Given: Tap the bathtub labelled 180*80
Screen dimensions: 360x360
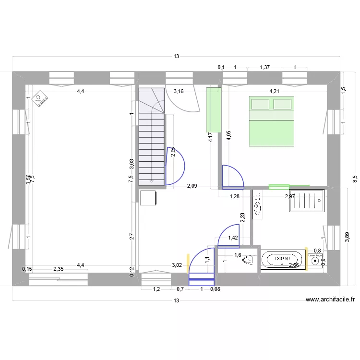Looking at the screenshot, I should point(283,259).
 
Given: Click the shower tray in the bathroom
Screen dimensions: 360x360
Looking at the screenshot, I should point(307,201).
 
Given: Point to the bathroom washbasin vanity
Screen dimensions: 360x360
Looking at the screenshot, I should point(258,204).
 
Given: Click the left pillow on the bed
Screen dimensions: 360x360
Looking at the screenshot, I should point(260,104).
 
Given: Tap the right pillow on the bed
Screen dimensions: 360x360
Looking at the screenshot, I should point(282,104).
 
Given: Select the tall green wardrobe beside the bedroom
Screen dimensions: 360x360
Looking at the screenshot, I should point(214,109).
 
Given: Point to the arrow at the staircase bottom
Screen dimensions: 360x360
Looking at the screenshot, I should point(151,181).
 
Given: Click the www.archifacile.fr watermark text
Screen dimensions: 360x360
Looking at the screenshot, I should point(330,300).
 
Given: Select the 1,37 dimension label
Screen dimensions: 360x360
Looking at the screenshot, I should point(264,68).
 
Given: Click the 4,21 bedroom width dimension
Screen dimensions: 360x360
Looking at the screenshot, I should point(274,91).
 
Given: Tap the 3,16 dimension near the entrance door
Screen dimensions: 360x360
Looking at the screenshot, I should point(179,91).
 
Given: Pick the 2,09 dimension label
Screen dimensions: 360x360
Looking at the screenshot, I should point(192,186).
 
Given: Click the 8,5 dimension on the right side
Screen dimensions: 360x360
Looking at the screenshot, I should point(355,179).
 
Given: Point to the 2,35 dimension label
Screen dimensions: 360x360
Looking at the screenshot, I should point(59,269).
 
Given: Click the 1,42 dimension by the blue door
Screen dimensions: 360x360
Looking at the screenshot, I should point(233,238).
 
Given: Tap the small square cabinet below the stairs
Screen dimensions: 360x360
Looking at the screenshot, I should point(148,197).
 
